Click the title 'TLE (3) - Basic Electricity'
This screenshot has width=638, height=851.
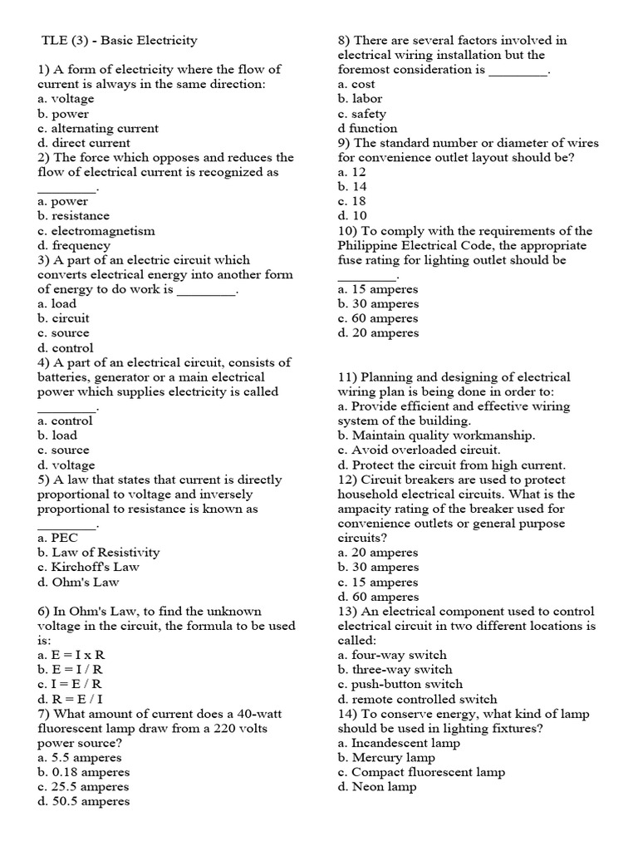pos(119,40)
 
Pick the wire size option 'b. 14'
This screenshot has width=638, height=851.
pos(352,187)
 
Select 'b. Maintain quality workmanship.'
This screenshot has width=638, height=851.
pos(436,435)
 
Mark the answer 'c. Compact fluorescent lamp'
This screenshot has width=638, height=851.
pos(421,772)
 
